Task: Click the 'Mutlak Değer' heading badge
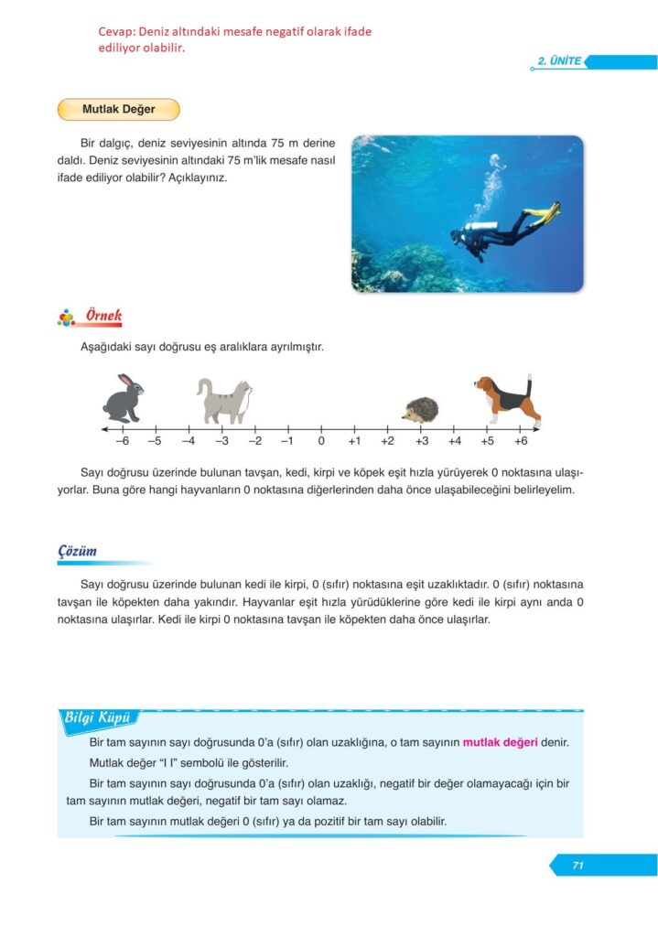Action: pos(119,110)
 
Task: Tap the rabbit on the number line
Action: pos(124,399)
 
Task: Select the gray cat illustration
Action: pos(224,401)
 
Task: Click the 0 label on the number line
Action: pos(321,442)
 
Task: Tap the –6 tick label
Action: pos(122,442)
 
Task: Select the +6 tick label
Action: pos(520,442)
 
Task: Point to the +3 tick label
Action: pos(421,442)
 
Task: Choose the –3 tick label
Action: pos(221,442)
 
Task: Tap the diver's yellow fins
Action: pos(545,213)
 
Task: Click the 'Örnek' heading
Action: pos(102,317)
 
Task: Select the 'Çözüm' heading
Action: pos(77,551)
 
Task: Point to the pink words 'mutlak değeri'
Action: pos(500,742)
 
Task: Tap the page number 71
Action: pos(577,866)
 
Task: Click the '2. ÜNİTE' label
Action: pos(559,62)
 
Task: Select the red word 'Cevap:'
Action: pos(116,32)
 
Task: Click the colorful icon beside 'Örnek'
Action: pos(66,318)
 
